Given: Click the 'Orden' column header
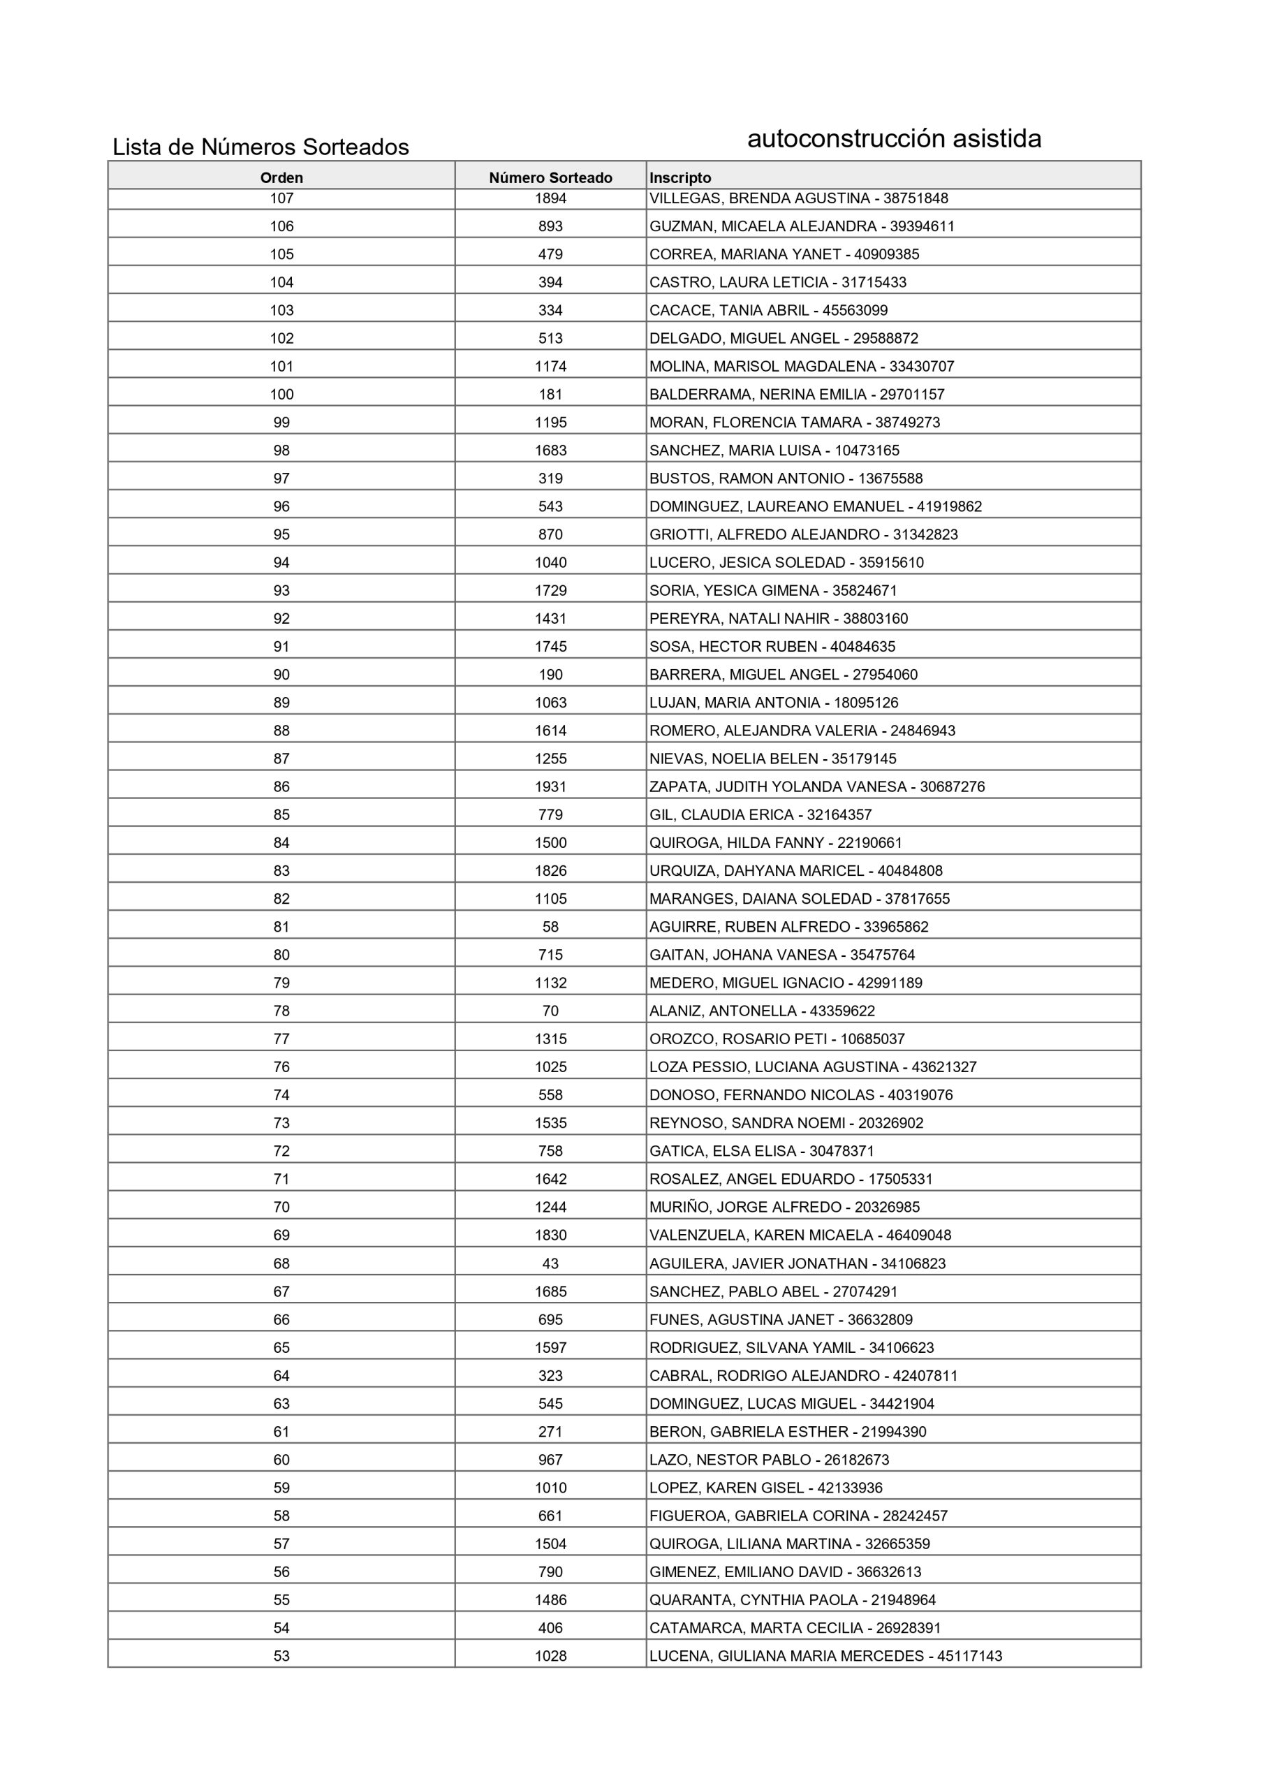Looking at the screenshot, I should pyautogui.click(x=281, y=177).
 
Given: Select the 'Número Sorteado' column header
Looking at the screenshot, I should pyautogui.click(x=550, y=177).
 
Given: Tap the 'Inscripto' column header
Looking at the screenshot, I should pyautogui.click(x=680, y=177).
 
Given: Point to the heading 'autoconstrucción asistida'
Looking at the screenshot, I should pyautogui.click(x=893, y=138).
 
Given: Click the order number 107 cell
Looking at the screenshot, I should pyautogui.click(x=281, y=198).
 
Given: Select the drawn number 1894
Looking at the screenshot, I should pyautogui.click(x=550, y=198).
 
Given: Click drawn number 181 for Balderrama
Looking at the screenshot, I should pyautogui.click(x=550, y=395).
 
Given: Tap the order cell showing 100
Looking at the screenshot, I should pyautogui.click(x=281, y=395).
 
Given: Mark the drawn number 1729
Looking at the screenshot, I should pyautogui.click(x=550, y=591).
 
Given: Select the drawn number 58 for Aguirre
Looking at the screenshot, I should pyautogui.click(x=550, y=928).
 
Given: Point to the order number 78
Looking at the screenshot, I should pyautogui.click(x=281, y=1011).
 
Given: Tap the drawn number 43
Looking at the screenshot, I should pyautogui.click(x=550, y=1264).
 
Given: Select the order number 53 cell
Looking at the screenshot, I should pyautogui.click(x=281, y=1657).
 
